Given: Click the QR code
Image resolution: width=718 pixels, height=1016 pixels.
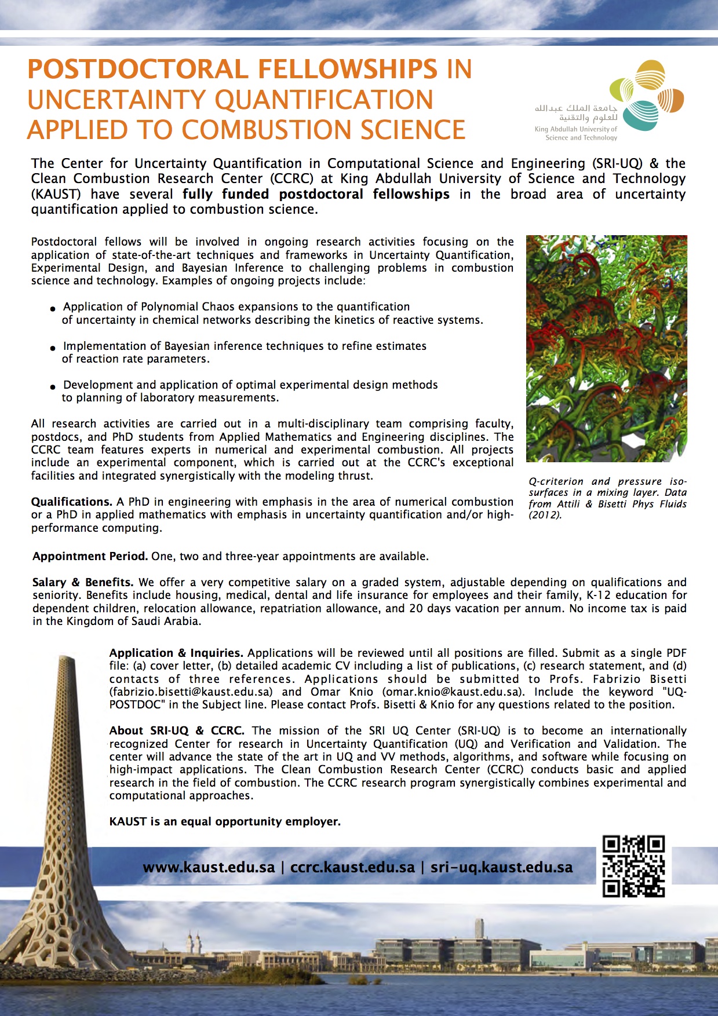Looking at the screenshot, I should [633, 867].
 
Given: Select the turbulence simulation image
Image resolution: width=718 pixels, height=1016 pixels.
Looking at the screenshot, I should [606, 348].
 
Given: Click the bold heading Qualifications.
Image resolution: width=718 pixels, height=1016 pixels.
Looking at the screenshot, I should [71, 502].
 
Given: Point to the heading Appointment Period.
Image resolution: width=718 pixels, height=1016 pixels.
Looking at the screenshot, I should [90, 557].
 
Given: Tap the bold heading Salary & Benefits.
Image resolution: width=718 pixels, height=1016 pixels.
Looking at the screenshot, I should [83, 583].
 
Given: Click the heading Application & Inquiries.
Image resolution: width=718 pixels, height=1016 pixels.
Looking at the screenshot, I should [176, 653].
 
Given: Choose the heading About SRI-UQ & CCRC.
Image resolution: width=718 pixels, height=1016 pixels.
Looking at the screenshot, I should [177, 731].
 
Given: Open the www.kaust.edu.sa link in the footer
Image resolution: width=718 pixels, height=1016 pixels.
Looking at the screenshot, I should [209, 868].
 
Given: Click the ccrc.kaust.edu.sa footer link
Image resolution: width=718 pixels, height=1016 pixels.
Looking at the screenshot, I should [352, 868].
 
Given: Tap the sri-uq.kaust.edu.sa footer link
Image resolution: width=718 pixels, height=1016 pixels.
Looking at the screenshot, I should [501, 868].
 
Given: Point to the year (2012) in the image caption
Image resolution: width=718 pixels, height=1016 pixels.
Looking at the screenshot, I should [545, 516].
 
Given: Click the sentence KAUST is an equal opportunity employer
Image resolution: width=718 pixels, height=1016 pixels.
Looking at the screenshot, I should [225, 822].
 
